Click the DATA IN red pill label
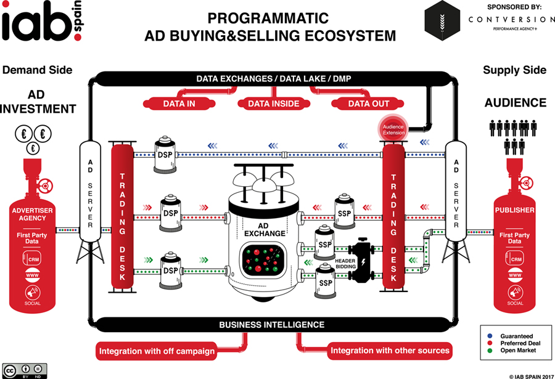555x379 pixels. coord(179,104)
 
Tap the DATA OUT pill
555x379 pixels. coord(368,104)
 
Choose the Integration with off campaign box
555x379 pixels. coord(157,352)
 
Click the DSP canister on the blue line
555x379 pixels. coord(164,153)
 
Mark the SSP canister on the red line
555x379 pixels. coord(343,211)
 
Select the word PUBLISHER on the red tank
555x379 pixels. coord(515,210)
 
